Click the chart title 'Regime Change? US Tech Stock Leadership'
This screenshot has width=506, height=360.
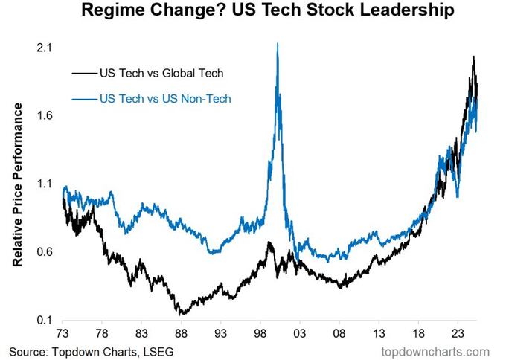pyautogui.click(x=253, y=13)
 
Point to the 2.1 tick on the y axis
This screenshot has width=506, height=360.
pyautogui.click(x=44, y=48)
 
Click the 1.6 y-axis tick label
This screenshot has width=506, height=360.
pyautogui.click(x=44, y=116)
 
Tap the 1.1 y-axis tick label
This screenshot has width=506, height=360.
pyautogui.click(x=44, y=184)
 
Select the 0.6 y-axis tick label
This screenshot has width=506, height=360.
pyautogui.click(x=44, y=252)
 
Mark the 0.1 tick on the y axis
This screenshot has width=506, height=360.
pyautogui.click(x=44, y=321)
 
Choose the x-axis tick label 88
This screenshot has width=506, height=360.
pyautogui.click(x=181, y=334)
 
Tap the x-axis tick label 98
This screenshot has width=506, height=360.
pyautogui.click(x=260, y=334)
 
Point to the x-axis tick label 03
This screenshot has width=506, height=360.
pyautogui.click(x=299, y=334)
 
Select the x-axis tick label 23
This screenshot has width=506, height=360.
pyautogui.click(x=457, y=334)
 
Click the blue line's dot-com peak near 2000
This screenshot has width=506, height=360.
pyautogui.click(x=278, y=44)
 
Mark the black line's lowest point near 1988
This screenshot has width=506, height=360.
pyautogui.click(x=180, y=314)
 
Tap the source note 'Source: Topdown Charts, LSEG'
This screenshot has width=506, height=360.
pyautogui.click(x=94, y=350)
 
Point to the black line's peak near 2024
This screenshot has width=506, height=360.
pyautogui.click(x=473, y=57)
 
